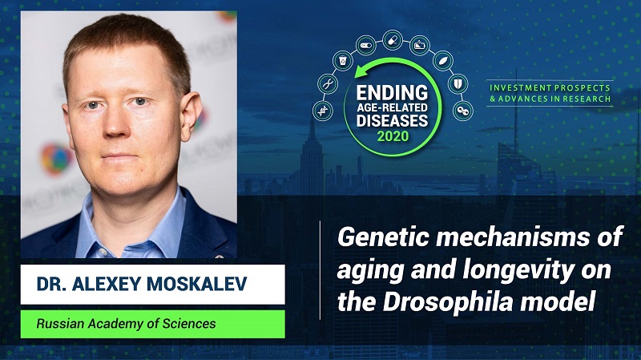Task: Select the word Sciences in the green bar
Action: coord(189,324)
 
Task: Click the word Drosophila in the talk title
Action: coord(448,301)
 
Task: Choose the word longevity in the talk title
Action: coord(518,271)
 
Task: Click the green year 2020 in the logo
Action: coord(393,136)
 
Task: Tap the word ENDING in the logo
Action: coord(392,93)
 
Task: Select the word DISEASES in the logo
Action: coord(392,120)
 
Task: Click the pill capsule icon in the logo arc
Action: coord(393,41)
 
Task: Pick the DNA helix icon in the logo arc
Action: coord(323,111)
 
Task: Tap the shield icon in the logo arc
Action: coord(458,83)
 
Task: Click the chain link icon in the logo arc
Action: coord(463,111)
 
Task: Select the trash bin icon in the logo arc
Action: coord(343,61)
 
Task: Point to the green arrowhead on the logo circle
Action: coord(361,72)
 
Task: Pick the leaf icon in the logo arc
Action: coord(443,61)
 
